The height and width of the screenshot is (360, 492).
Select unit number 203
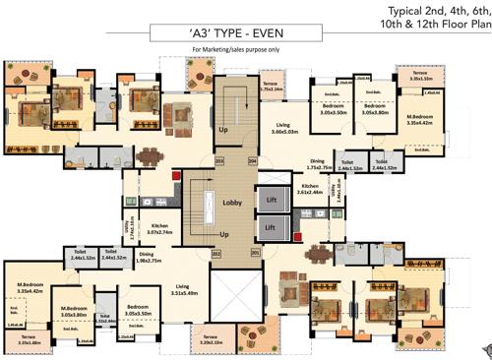219,160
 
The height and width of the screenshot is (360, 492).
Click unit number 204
252,160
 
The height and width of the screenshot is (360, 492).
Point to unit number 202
215,253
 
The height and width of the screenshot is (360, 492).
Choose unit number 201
255,253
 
